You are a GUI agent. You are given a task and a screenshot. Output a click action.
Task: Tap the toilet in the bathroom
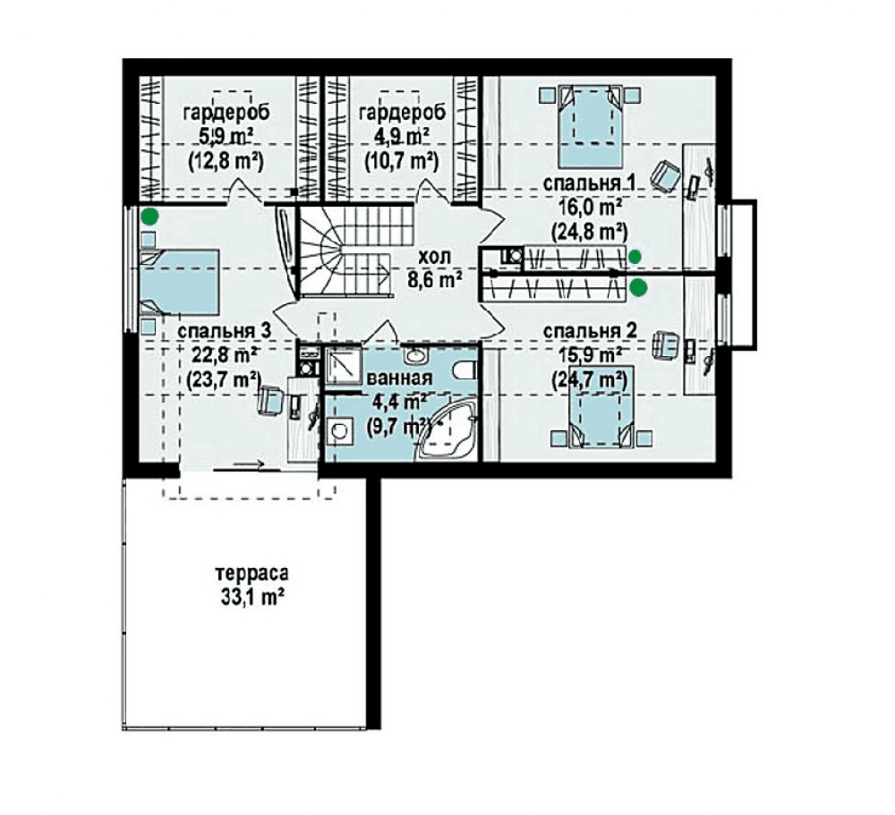click(466, 370)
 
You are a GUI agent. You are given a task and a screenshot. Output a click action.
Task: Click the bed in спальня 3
click(180, 282)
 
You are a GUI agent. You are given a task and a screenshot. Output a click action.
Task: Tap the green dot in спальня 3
click(149, 216)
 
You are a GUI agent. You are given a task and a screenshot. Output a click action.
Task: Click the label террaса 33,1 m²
click(251, 585)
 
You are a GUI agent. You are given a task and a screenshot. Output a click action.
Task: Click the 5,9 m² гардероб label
click(226, 138)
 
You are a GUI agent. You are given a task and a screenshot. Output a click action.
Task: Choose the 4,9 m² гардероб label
click(402, 138)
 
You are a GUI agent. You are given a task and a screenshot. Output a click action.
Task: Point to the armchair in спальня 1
click(666, 175)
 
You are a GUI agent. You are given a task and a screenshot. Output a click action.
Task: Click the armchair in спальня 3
click(271, 401)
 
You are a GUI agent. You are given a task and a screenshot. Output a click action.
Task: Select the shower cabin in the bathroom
click(343, 365)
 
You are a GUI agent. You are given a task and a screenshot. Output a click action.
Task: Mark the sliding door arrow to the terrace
click(250, 464)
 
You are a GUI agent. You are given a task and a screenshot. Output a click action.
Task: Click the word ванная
click(399, 378)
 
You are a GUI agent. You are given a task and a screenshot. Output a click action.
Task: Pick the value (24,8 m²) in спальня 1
click(590, 232)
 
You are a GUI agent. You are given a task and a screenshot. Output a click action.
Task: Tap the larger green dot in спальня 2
click(639, 289)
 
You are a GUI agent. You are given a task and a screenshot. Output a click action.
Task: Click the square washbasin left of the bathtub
click(340, 429)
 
